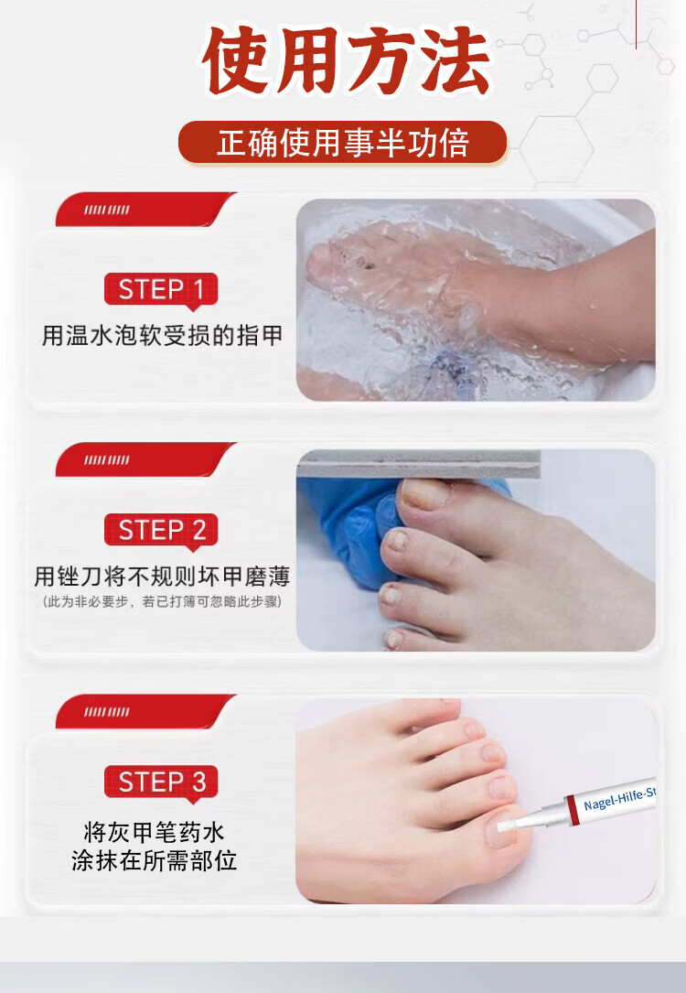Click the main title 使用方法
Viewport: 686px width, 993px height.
[346, 61]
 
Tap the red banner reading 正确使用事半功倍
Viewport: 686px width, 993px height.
[342, 142]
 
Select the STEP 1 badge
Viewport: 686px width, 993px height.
[161, 289]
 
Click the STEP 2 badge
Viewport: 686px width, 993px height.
[161, 529]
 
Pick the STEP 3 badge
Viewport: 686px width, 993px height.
[161, 782]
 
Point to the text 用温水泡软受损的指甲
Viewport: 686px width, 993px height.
[162, 336]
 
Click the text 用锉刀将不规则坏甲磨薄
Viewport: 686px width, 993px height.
[162, 577]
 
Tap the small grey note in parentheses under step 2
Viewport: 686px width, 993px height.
[162, 601]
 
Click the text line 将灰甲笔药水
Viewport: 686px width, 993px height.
[155, 832]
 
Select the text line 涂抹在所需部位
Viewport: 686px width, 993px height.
[155, 860]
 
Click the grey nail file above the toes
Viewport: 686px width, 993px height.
[418, 464]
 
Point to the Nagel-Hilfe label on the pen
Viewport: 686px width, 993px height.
[619, 799]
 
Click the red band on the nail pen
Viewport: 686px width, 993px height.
[572, 811]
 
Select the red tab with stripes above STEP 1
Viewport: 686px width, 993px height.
[145, 209]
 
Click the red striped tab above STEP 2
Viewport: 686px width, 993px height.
[145, 459]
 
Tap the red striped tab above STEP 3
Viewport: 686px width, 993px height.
[145, 711]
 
